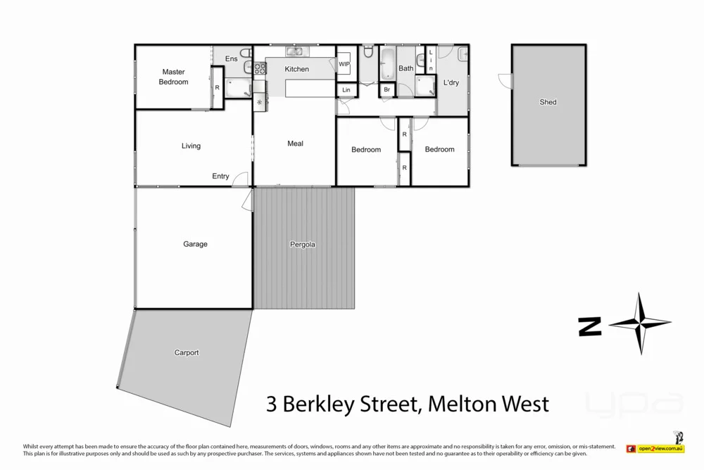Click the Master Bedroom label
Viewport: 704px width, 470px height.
173,77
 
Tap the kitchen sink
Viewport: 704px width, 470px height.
295,51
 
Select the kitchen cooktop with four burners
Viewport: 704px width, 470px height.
260,68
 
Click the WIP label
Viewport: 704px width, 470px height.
344,64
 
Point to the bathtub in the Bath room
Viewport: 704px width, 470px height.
387,64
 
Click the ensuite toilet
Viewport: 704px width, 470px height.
245,54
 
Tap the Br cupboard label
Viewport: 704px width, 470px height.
386,90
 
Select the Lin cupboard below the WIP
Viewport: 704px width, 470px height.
346,90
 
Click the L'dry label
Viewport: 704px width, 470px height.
451,83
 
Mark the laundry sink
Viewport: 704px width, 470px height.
462,54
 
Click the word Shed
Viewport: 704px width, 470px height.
548,102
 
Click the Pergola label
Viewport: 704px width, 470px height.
303,245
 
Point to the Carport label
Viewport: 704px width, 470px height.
187,353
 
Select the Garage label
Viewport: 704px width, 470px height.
195,245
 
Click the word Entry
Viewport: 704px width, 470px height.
220,176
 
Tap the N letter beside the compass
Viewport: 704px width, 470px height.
590,326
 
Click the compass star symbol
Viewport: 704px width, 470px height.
640,324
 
